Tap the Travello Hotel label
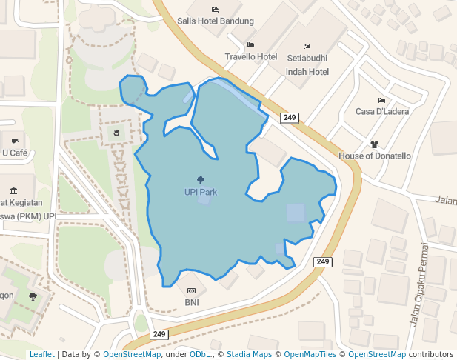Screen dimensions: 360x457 coord(251,57)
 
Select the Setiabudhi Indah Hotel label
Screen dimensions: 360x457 coord(307,64)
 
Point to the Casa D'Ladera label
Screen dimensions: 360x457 coord(381,112)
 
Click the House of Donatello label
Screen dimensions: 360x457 coord(374,156)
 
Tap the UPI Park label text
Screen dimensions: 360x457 coord(201,192)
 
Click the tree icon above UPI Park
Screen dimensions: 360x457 coord(201,180)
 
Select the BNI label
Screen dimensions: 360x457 coord(192,302)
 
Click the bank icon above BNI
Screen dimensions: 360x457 coord(192,290)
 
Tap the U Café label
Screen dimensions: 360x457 coord(14,153)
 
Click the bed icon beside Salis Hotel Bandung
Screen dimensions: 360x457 coord(215,9)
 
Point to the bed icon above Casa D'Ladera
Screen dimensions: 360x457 coord(381,100)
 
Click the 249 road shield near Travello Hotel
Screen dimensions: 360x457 coord(289,118)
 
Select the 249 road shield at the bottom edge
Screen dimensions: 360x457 coord(159,335)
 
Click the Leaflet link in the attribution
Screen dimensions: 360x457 coord(41,355)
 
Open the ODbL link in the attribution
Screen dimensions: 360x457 coord(199,355)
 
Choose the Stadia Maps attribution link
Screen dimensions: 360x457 coord(249,355)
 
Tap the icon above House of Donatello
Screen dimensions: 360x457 coord(374,144)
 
